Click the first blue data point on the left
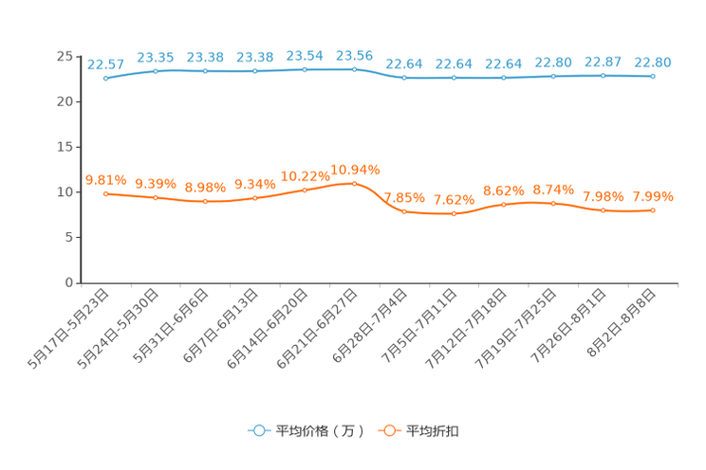point(105,79)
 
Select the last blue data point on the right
point(653,76)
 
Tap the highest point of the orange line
point(354,183)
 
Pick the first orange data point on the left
point(105,193)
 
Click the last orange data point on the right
point(653,209)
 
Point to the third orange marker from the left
point(205,201)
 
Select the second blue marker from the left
point(156,71)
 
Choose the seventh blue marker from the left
point(404,78)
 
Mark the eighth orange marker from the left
point(454,214)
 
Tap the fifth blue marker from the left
point(305,69)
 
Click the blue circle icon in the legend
point(258,430)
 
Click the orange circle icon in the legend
point(388,430)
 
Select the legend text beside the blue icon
point(319,431)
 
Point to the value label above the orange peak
point(355,170)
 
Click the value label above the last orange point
point(653,196)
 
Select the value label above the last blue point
point(653,62)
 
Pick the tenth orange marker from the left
point(553,203)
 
